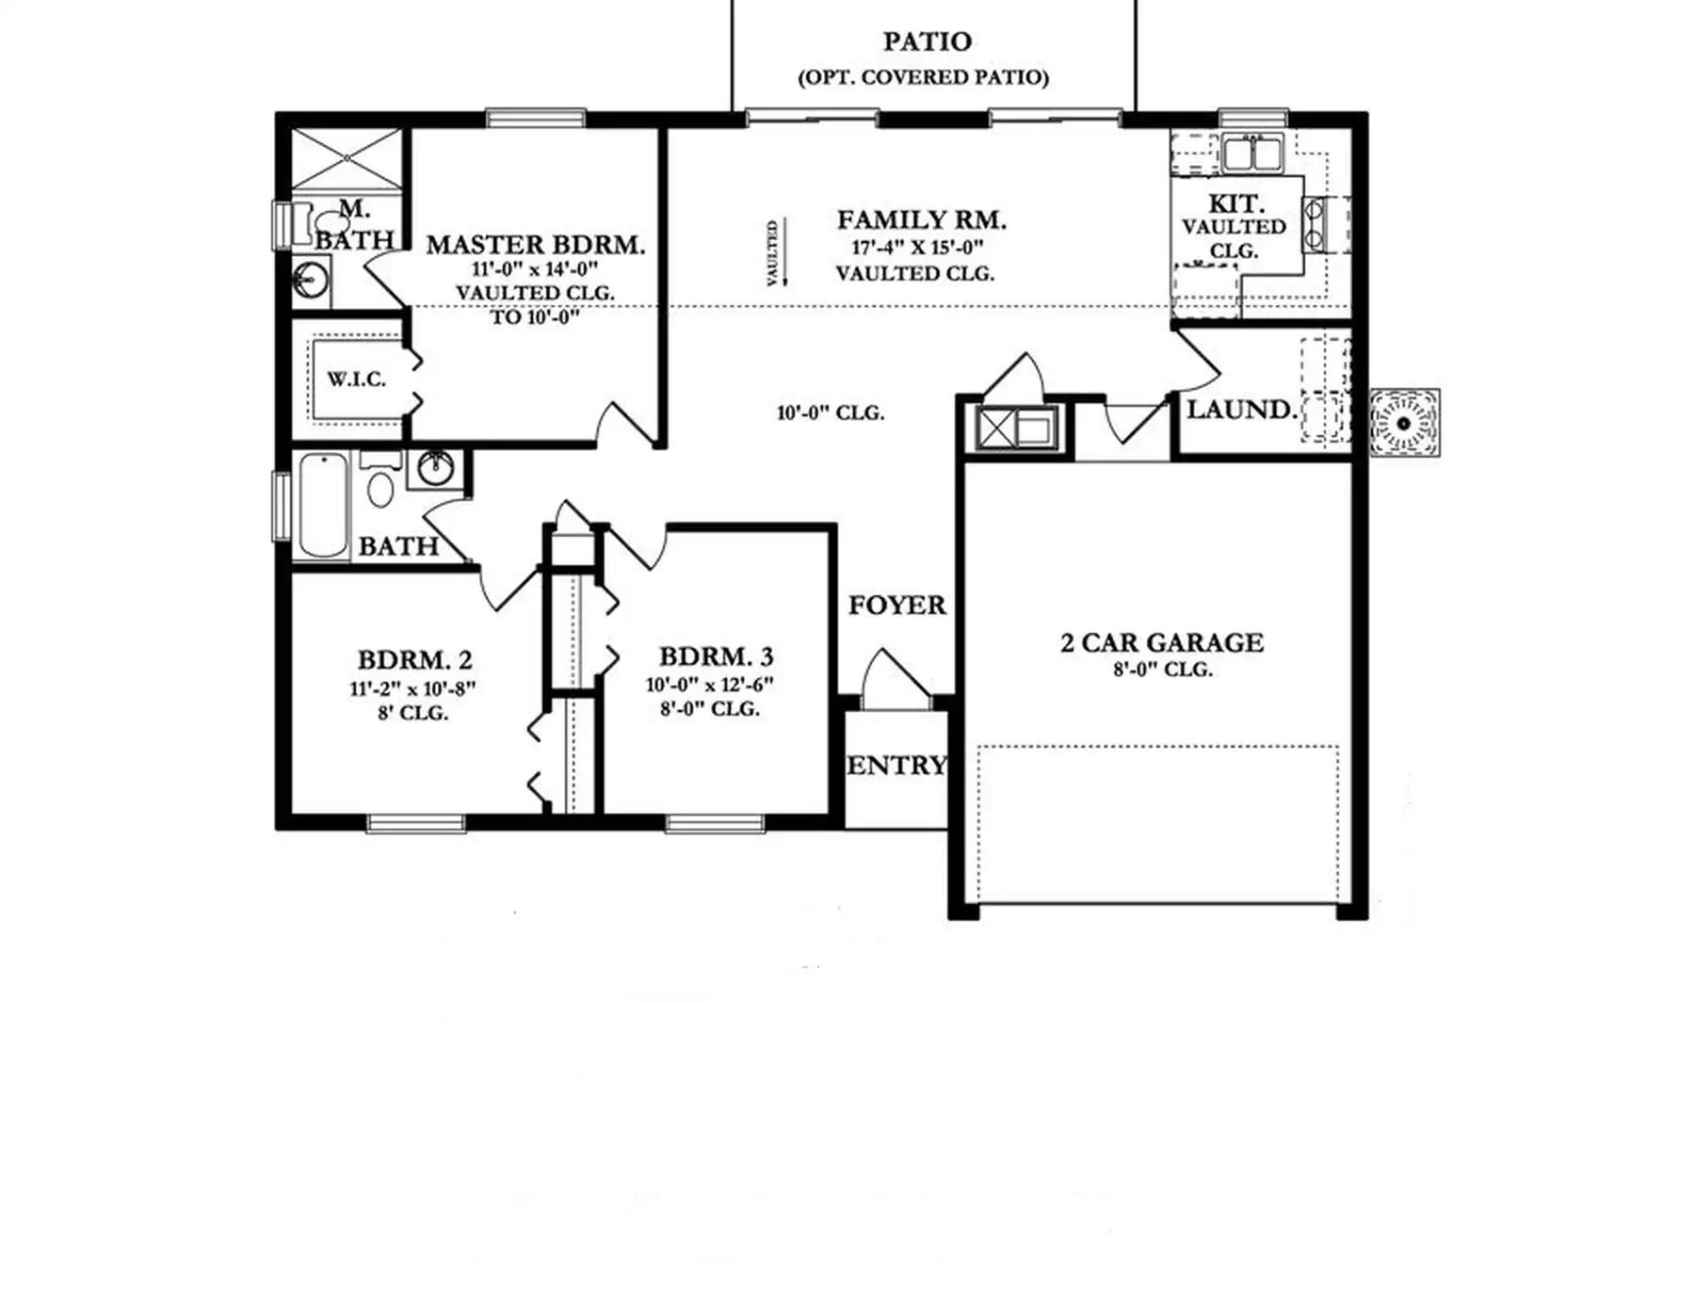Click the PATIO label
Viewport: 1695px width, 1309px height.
coord(927,41)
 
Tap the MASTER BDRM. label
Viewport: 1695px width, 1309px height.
coord(536,245)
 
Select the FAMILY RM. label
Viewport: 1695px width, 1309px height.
coord(922,220)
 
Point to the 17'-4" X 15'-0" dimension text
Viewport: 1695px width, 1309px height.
coord(918,248)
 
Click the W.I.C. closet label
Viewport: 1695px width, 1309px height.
coord(357,380)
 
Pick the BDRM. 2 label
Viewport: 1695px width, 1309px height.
coord(414,660)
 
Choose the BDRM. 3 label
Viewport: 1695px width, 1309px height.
coord(717,656)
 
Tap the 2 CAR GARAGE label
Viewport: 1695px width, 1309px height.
coord(1162,642)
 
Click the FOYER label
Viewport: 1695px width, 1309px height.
coord(896,605)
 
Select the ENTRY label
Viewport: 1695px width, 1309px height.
coord(896,766)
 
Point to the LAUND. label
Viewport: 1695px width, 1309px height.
coord(1242,410)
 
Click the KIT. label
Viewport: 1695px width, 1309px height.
coord(1236,203)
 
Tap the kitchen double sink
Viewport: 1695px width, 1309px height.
coord(1252,153)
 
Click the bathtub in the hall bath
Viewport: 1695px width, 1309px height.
coord(323,505)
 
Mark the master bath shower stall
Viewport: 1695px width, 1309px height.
coord(347,159)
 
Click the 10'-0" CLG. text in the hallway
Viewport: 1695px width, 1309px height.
coord(831,412)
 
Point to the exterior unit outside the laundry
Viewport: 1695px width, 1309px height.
coord(1404,423)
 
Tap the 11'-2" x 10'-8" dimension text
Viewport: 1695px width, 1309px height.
coord(412,688)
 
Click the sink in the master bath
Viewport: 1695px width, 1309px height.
coord(311,281)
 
